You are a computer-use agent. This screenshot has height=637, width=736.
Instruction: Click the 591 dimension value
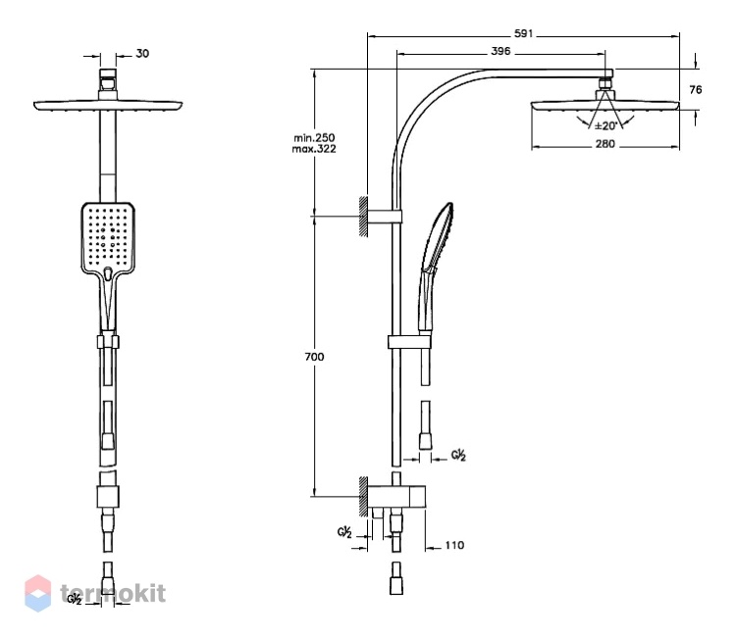click(x=523, y=33)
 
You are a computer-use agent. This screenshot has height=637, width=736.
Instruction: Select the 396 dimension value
click(x=500, y=51)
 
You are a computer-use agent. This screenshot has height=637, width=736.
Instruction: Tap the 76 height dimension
click(x=695, y=89)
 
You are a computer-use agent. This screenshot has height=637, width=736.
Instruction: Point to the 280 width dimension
click(x=605, y=144)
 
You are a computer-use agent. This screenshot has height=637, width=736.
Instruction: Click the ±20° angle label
click(x=606, y=126)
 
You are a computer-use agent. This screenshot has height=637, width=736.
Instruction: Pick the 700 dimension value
click(x=314, y=357)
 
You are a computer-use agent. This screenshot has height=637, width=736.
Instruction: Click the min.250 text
click(x=314, y=138)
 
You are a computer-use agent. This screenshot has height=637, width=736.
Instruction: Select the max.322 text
click(x=314, y=149)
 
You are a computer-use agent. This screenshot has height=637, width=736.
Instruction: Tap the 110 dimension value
click(x=454, y=545)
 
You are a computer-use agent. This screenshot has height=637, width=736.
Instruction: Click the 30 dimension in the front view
click(x=142, y=54)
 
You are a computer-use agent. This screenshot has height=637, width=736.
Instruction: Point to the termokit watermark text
click(x=113, y=593)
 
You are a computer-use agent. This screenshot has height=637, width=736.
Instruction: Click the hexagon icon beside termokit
click(x=38, y=594)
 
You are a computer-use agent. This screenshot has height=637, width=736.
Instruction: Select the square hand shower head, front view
click(x=108, y=238)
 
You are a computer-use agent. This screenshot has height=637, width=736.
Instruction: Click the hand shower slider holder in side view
click(x=409, y=342)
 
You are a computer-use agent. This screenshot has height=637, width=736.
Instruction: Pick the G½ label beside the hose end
click(x=458, y=455)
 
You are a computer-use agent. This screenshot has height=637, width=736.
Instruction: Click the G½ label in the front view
click(x=75, y=599)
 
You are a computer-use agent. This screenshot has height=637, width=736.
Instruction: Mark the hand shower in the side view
click(x=434, y=269)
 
